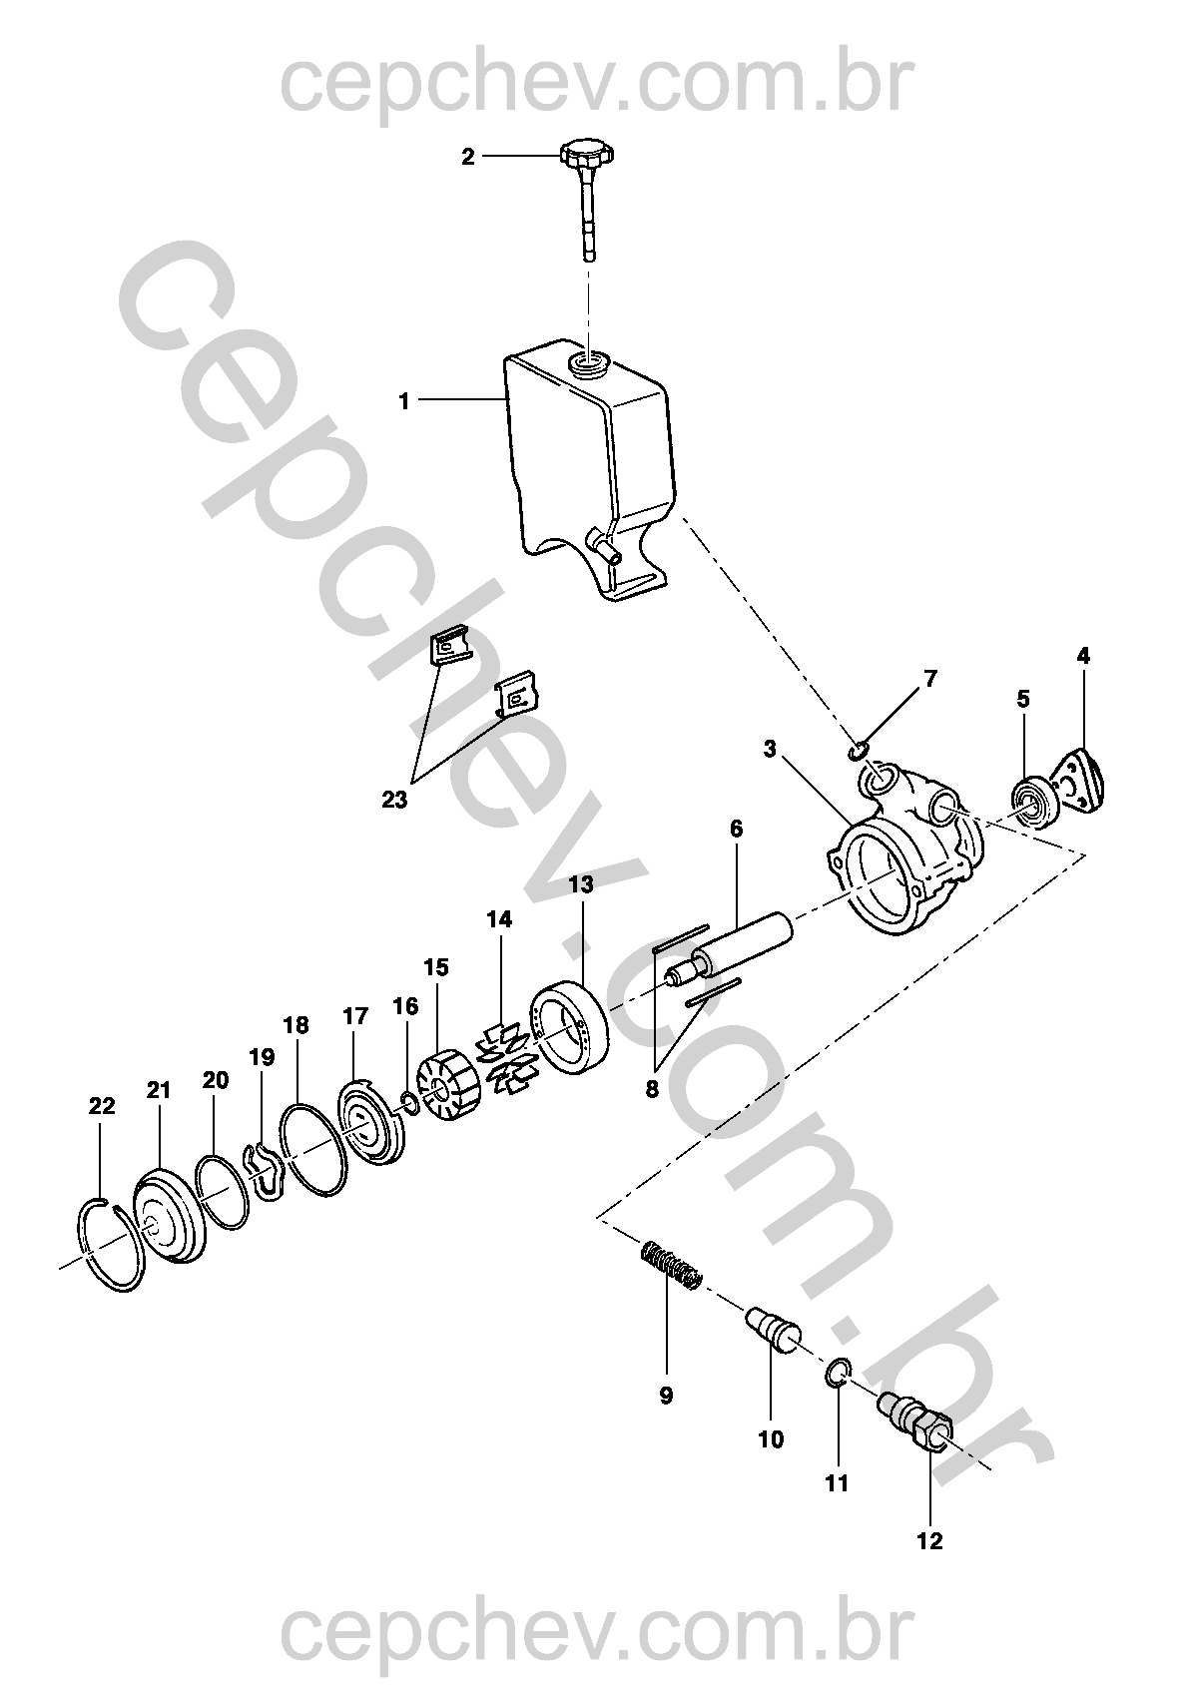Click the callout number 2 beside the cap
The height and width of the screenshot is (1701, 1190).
[x=468, y=157]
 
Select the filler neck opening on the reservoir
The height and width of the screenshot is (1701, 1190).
[x=590, y=363]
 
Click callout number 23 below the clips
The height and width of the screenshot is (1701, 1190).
[x=394, y=800]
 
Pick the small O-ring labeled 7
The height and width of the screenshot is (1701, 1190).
[x=856, y=752]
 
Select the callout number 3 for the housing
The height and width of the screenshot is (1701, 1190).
[x=770, y=749]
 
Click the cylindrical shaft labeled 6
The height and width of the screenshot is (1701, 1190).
[x=729, y=950]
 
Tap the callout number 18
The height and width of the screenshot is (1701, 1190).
[x=297, y=1025]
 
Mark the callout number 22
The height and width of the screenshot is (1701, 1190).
[x=102, y=1106]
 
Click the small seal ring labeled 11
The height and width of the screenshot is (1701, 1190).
[x=839, y=1373]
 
